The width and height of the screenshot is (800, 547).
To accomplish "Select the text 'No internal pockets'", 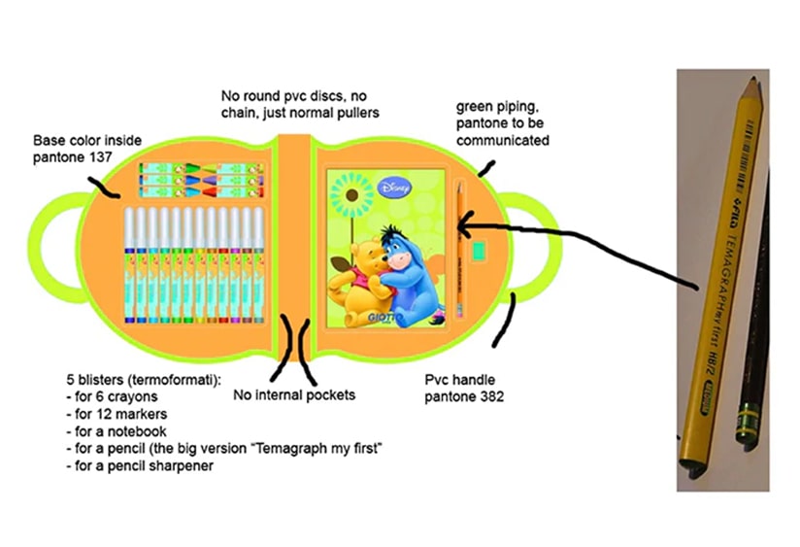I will tap(293, 395).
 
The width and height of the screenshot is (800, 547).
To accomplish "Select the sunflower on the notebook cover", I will tap(350, 194).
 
